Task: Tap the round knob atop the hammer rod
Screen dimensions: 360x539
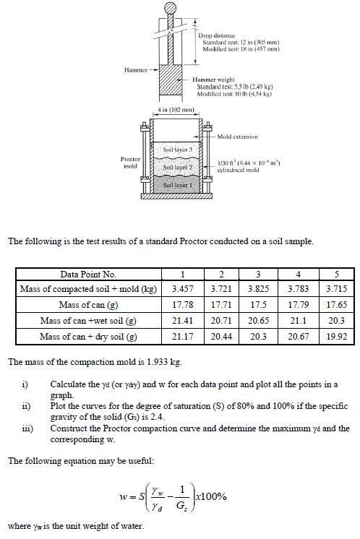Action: click(x=171, y=8)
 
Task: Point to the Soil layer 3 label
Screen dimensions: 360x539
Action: click(x=176, y=150)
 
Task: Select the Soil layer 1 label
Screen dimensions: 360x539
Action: click(x=176, y=185)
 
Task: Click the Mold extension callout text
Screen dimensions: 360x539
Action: click(x=237, y=136)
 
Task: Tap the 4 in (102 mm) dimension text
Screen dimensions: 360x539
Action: click(x=176, y=110)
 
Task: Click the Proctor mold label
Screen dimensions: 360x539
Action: click(x=130, y=163)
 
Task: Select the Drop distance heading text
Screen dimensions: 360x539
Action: click(x=216, y=35)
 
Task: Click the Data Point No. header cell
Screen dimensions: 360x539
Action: click(x=88, y=295)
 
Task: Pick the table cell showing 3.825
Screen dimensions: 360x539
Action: click(x=258, y=309)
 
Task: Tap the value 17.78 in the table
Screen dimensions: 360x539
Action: click(x=181, y=324)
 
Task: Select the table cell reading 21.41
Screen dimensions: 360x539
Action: click(x=181, y=338)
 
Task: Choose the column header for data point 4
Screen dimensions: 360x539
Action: click(x=297, y=295)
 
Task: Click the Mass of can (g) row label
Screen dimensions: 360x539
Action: click(x=88, y=324)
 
